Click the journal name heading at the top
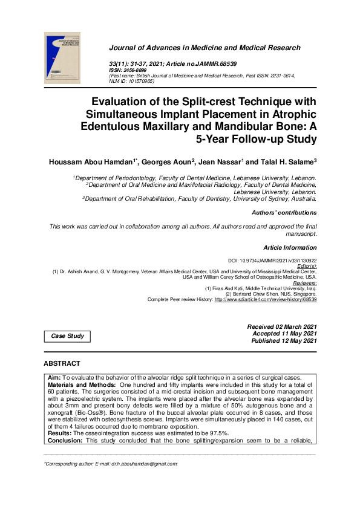[204, 48]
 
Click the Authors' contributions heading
[284, 213]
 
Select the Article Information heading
[290, 248]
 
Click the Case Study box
[67, 336]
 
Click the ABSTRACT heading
[62, 364]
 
